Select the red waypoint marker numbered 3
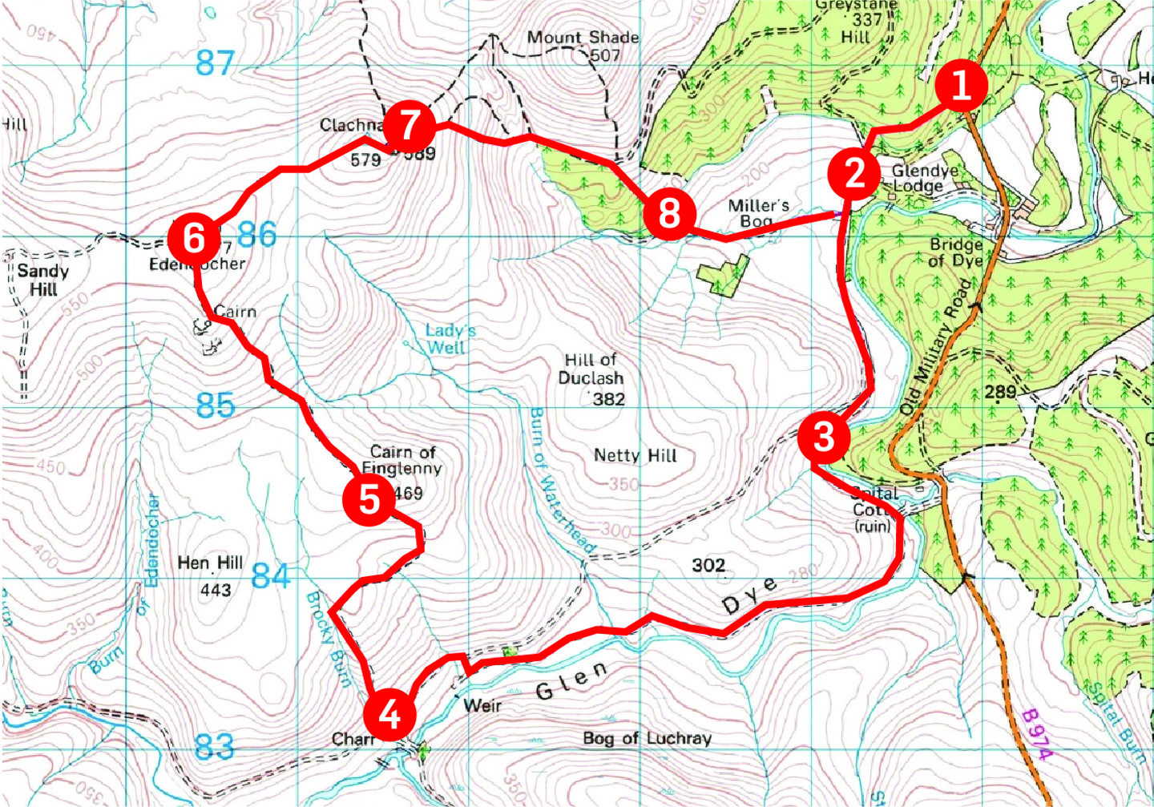(x=823, y=438)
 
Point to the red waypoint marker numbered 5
(x=369, y=499)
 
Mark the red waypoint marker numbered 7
(x=409, y=126)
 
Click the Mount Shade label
(x=583, y=38)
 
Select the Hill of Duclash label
(x=591, y=369)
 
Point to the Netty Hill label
(x=635, y=455)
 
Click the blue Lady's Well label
(x=449, y=338)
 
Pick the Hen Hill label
(x=210, y=563)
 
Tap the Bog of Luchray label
(x=647, y=738)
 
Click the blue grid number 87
(x=215, y=63)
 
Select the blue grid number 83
(x=215, y=747)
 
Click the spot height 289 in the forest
(x=999, y=392)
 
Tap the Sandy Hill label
(x=43, y=280)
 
